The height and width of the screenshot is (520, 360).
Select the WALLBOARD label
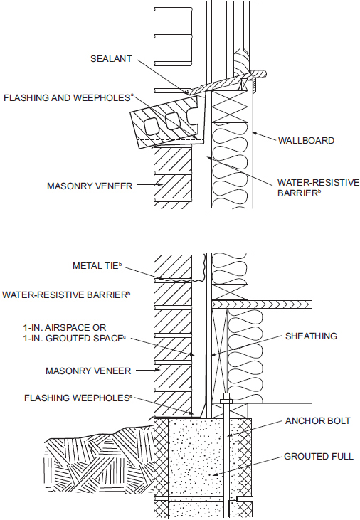[x=305, y=141]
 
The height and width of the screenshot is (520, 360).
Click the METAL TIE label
[x=97, y=265]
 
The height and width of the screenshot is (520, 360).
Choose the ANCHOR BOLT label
[x=317, y=420]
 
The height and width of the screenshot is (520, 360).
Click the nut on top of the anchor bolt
[x=226, y=402]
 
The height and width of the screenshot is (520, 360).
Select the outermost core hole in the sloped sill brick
[x=149, y=125]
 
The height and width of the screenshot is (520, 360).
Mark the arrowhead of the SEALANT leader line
[x=189, y=93]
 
